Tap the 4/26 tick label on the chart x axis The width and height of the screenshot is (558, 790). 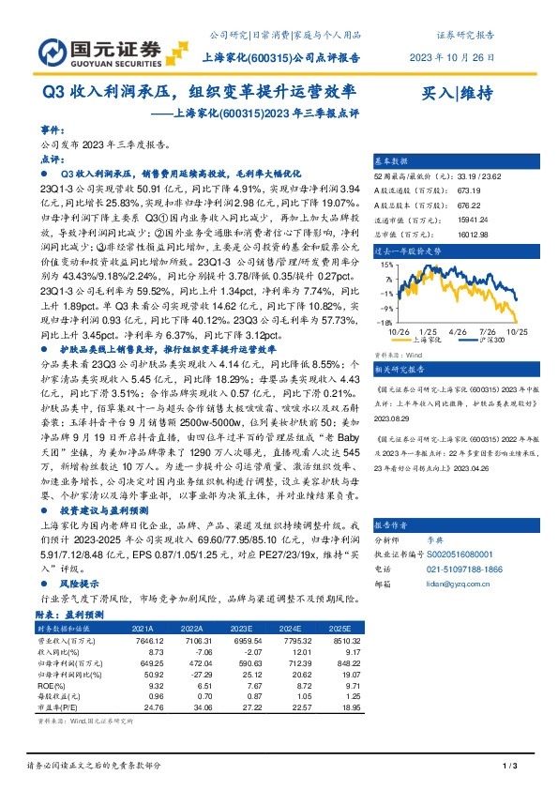point(459,331)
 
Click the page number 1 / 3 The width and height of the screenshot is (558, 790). point(510,767)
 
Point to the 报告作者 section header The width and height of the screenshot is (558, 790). point(392,524)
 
